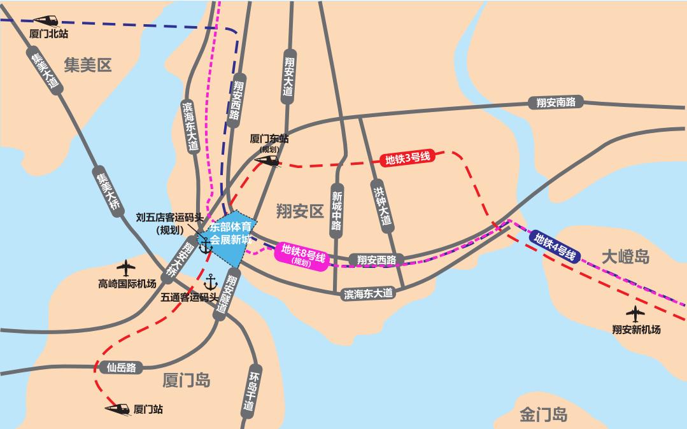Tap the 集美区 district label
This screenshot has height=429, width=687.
(x=88, y=64)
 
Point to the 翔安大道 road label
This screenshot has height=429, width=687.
(x=288, y=75)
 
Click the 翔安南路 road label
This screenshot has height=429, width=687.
(x=556, y=102)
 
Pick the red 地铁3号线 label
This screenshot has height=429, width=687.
(x=408, y=160)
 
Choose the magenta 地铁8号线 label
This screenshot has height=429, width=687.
(x=303, y=254)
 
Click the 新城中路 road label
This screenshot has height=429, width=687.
(x=336, y=207)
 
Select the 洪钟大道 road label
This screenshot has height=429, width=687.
(x=381, y=204)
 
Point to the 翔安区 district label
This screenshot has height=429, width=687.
(x=300, y=211)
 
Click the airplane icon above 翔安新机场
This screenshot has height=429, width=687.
(x=635, y=314)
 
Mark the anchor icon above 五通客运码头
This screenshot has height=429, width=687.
(x=210, y=281)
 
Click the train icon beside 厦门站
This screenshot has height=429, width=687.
(x=118, y=407)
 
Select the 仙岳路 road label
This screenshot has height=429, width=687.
(x=122, y=367)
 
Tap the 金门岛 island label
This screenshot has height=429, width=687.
(x=543, y=415)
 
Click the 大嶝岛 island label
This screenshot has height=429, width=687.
(x=626, y=257)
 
